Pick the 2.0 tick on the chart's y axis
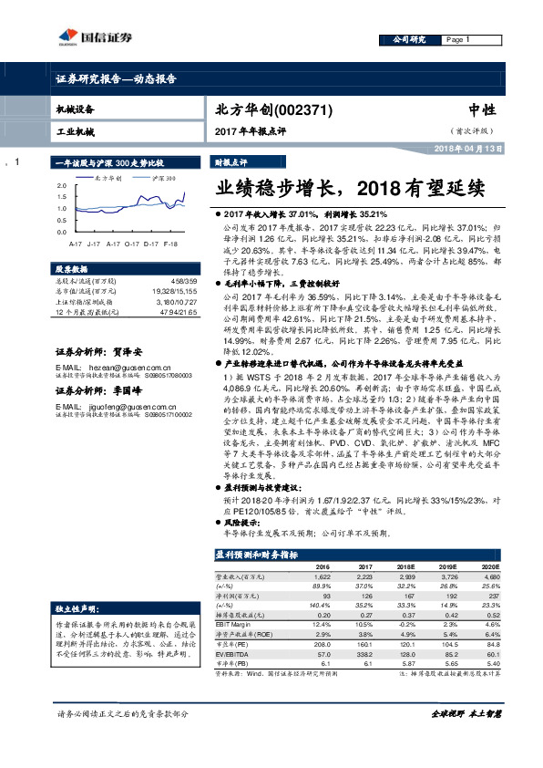pyautogui.click(x=62, y=185)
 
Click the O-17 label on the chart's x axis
pyautogui.click(x=132, y=244)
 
